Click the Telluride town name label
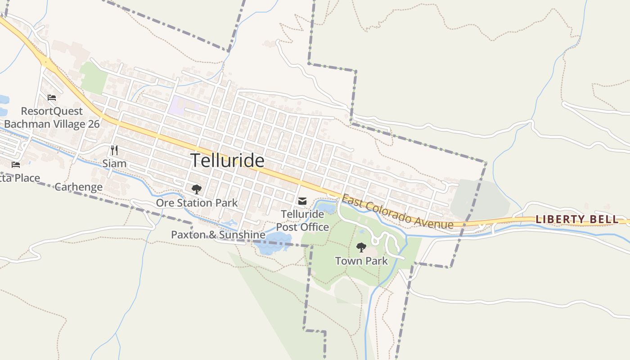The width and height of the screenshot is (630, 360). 227,161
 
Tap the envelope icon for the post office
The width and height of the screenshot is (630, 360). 302,201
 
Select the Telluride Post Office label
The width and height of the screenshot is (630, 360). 302,220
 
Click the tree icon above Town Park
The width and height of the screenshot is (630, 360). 361,247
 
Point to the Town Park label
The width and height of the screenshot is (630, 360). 361,261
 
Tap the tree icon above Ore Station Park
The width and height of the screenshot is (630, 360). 196,189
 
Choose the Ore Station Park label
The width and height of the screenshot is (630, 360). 197,203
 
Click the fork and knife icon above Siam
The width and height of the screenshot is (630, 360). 114,150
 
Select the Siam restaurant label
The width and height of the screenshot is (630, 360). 114,163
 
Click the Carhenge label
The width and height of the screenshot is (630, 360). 78,187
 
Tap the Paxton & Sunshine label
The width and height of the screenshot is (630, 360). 218,234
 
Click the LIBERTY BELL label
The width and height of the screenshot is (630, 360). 577,220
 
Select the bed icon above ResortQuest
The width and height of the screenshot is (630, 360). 52,97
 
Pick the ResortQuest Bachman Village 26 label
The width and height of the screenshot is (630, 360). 52,117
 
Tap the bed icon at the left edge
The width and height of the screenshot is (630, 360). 16,165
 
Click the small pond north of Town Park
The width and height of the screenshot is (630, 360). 327,208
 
